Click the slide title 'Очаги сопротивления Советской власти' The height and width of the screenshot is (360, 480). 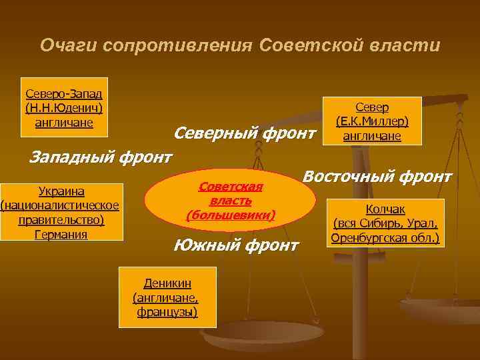(x=240, y=45)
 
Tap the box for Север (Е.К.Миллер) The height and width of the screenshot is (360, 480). (x=371, y=121)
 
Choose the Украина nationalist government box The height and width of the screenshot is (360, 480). (x=62, y=211)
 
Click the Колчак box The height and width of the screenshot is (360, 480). (x=385, y=223)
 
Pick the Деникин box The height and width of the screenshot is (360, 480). (x=167, y=297)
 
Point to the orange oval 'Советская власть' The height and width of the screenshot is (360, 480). (x=230, y=199)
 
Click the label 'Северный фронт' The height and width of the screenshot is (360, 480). (x=243, y=133)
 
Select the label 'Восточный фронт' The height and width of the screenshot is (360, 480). (x=377, y=177)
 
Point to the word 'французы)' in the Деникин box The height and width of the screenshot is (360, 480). (x=167, y=312)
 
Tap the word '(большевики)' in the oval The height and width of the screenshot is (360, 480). (x=231, y=215)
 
